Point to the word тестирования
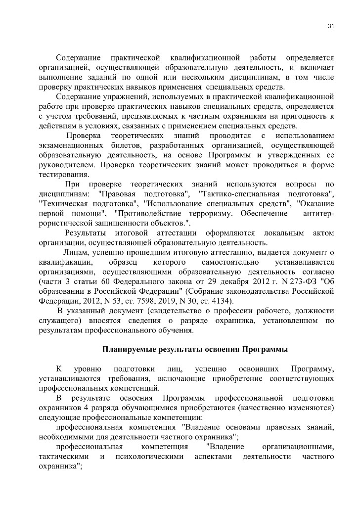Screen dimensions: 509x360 click(64, 174)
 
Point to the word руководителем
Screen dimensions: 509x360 click(65, 164)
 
